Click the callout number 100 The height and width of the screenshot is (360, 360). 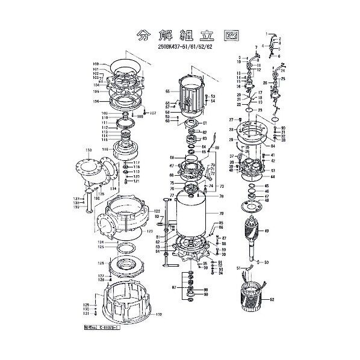point(95,64)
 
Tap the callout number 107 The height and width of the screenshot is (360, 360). point(152,114)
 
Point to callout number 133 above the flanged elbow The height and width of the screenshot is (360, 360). point(88,149)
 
